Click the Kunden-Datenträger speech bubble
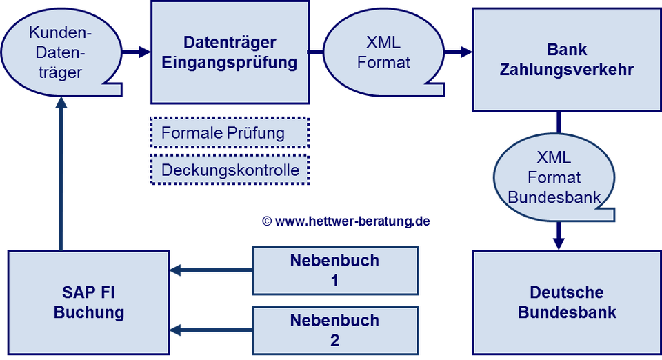pos(59,52)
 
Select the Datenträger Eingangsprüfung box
pos(229,52)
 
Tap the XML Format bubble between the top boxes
pos(383,52)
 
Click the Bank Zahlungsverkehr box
pos(566,59)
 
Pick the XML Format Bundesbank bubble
pos(554,178)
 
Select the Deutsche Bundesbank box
pos(566,302)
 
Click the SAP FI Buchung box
pos(88,302)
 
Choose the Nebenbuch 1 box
pos(334,270)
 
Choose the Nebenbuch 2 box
pos(334,330)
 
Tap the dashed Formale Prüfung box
pos(229,132)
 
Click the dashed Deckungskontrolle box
pos(229,170)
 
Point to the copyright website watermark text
pos(346,221)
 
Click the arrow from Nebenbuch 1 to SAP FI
pos(211,271)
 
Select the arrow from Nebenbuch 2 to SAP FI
pos(211,330)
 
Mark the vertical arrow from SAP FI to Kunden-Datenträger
pos(62,172)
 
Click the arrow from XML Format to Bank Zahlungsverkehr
pos(457,52)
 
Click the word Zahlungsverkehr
pos(566,70)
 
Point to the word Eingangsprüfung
pos(229,63)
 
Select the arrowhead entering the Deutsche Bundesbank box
pos(559,243)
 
